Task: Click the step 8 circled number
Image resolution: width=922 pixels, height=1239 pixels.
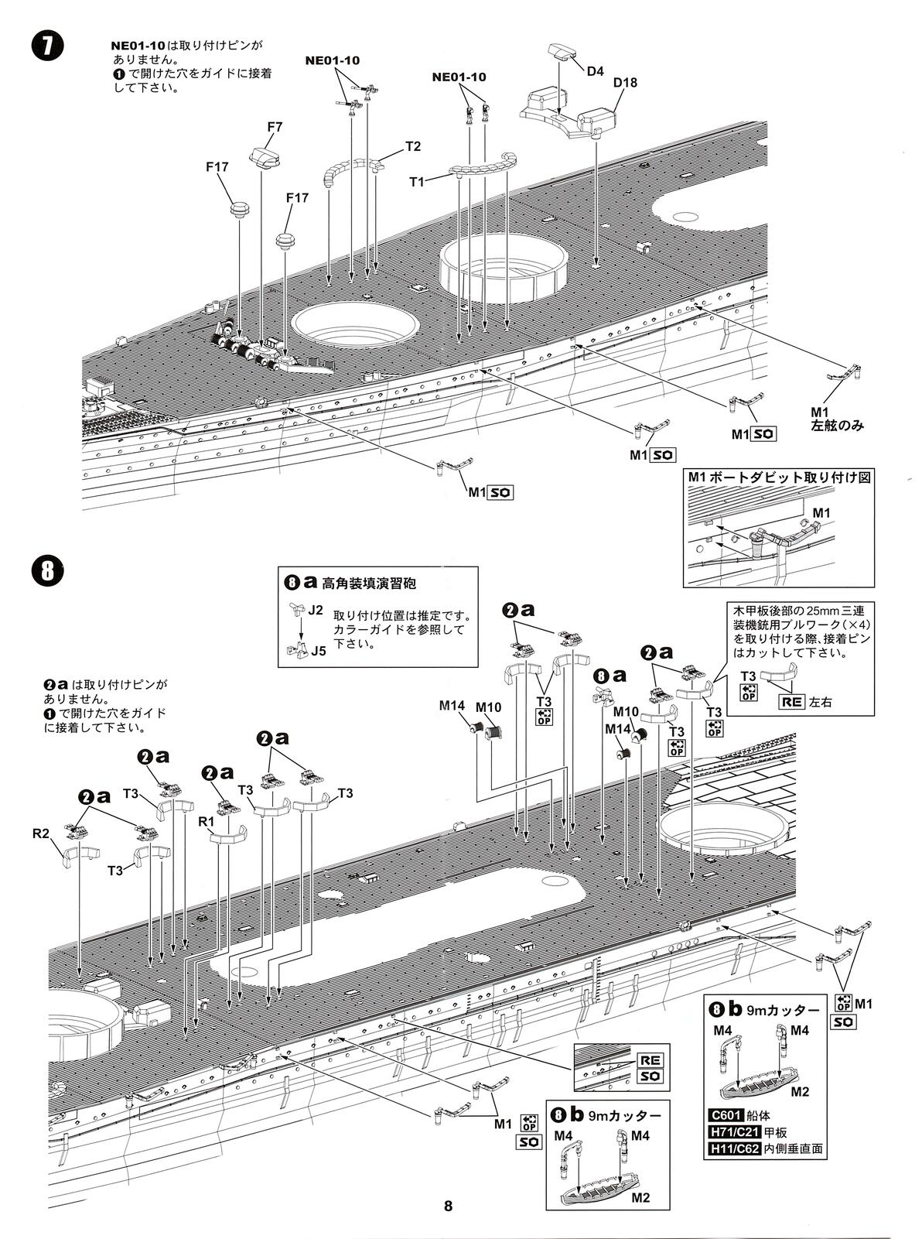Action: click(47, 571)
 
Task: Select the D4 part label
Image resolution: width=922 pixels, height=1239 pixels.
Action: click(594, 71)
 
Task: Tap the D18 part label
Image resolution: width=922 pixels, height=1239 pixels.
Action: click(625, 83)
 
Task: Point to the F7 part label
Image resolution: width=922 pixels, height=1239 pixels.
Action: click(275, 127)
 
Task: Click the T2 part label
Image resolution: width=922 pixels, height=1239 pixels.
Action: click(413, 146)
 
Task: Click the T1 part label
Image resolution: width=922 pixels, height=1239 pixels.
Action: click(417, 181)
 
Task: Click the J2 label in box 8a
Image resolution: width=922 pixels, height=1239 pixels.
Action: click(315, 610)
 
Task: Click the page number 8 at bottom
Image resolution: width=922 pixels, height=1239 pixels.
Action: click(448, 1206)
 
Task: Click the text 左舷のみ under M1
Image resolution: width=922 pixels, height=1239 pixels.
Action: click(836, 426)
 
